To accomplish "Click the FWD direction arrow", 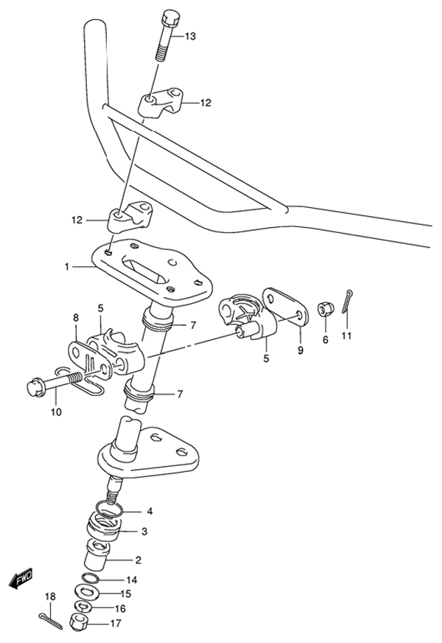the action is point(20,578).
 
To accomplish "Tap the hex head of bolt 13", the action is point(169,18).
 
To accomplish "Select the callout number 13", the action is point(190,36).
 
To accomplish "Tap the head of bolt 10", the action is point(35,389).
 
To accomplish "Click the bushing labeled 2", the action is point(97,554).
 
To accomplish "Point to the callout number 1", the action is point(67,267).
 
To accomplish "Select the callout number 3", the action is point(144,532).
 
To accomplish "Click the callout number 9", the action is point(301,350).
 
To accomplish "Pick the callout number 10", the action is point(57,411).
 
